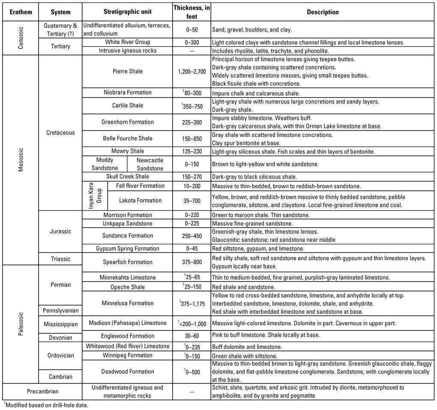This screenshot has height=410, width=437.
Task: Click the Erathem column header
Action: click(21, 12)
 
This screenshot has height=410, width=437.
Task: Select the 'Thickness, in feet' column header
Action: click(192, 12)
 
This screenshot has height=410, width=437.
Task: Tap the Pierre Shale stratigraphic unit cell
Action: click(127, 71)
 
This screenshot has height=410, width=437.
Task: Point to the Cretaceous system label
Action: click(60, 133)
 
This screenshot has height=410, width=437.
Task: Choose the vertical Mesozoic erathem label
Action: click(21, 160)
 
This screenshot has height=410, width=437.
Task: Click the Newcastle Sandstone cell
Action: click(150, 164)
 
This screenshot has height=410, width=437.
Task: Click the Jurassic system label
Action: click(60, 232)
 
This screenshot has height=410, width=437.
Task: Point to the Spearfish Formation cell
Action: click(127, 262)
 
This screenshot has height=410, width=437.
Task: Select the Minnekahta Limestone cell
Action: click(127, 277)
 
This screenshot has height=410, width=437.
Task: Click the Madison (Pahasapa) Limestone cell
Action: click(127, 323)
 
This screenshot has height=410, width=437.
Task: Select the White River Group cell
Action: click(127, 42)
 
